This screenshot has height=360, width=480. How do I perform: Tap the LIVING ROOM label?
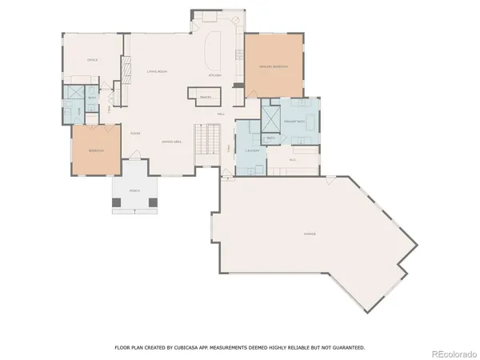[157, 72]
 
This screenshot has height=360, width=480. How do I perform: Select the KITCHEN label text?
[214, 75]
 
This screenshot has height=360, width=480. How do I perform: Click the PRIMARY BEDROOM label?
[274, 66]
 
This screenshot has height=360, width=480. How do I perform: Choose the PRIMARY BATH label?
[295, 121]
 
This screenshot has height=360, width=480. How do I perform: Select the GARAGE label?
[310, 234]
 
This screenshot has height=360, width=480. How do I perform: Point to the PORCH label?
[135, 190]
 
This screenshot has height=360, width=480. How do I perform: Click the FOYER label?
[136, 133]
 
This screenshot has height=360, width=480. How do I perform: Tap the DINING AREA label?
[172, 142]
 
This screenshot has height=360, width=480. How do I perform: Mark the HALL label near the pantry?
[220, 114]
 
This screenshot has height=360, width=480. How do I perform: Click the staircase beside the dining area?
[207, 142]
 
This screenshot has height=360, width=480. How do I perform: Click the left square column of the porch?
[117, 202]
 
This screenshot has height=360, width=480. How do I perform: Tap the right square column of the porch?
[154, 202]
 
